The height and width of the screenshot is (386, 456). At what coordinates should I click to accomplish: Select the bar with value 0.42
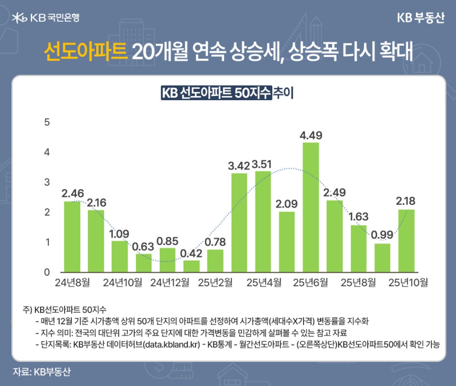pyautogui.click(x=191, y=266)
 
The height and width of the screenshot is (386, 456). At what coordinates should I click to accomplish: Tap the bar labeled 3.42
pyautogui.click(x=239, y=223)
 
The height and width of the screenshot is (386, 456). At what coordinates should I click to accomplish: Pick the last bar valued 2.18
pyautogui.click(x=406, y=240)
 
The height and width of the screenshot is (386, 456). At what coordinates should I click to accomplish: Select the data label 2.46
pyautogui.click(x=72, y=193)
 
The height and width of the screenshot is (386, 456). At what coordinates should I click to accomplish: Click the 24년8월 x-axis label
pyautogui.click(x=72, y=283)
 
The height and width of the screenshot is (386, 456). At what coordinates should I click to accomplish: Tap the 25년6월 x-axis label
pyautogui.click(x=311, y=283)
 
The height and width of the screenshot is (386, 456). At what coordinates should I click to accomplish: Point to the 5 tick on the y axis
pyautogui.click(x=46, y=122)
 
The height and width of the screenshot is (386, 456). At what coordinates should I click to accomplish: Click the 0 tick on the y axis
pyautogui.click(x=46, y=273)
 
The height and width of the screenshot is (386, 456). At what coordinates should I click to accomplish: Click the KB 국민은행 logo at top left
pyautogui.click(x=46, y=17)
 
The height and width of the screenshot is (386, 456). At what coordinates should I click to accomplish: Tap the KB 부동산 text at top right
pyautogui.click(x=420, y=17)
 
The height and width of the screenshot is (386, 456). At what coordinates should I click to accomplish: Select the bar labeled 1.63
pyautogui.click(x=358, y=249)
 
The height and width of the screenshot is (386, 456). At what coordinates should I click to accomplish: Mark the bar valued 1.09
pyautogui.click(x=119, y=257)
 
